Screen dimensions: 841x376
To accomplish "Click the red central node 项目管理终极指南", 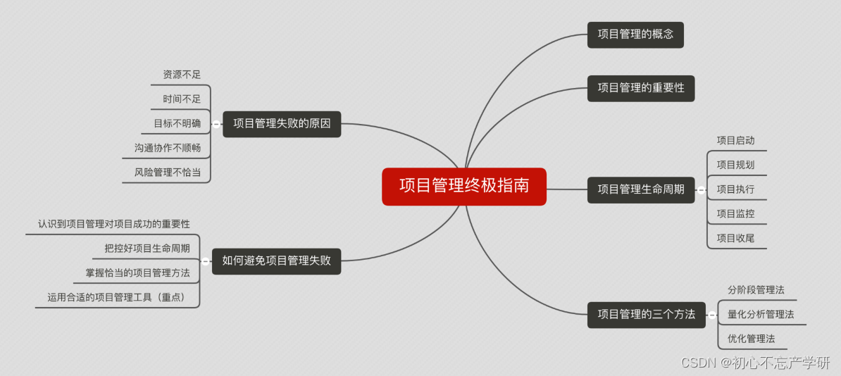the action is (463, 187).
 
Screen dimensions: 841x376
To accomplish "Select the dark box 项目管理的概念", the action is (635, 35).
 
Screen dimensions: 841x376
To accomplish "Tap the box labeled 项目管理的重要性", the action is (641, 88).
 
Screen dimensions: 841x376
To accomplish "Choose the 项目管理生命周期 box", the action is (641, 189).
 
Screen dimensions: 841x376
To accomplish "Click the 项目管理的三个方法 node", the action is (646, 314).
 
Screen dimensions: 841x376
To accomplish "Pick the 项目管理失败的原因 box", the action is (282, 124).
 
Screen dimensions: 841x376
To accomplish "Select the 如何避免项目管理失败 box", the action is (276, 261).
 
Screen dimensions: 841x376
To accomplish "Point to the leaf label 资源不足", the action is (182, 75).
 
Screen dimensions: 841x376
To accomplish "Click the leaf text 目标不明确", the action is (177, 124).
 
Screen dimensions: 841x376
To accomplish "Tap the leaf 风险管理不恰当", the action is (167, 172).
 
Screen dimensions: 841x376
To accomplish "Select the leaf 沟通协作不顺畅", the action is (167, 148).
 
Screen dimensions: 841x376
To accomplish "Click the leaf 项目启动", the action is (735, 141).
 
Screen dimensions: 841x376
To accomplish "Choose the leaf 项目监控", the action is (735, 214).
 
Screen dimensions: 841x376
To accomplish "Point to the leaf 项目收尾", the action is (735, 238).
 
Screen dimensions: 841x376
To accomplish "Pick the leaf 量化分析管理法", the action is (761, 314).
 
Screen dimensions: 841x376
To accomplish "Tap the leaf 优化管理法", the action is (751, 339).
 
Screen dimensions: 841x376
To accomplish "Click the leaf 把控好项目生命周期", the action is (147, 249).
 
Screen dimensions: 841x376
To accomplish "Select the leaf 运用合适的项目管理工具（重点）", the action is (118, 298).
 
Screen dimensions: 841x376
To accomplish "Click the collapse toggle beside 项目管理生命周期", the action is (701, 190).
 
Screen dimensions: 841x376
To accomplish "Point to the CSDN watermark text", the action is (755, 363).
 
